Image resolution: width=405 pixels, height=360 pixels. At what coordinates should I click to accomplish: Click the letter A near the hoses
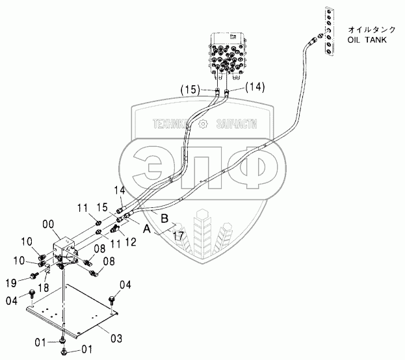[x=148, y=229]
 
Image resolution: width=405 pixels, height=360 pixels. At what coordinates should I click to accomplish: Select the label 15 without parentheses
[x=102, y=207]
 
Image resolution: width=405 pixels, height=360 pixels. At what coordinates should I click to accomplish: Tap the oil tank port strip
[x=328, y=33]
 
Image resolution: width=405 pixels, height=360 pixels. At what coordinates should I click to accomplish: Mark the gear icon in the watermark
[x=203, y=123]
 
